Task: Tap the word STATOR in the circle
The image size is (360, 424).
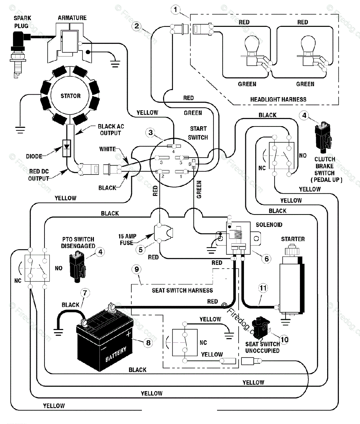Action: [x=71, y=96]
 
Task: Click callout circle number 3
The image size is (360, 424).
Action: [x=151, y=133]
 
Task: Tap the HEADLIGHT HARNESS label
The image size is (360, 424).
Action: [x=278, y=99]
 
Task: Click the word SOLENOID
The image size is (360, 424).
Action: [x=269, y=225]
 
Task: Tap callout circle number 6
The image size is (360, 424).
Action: [x=266, y=259]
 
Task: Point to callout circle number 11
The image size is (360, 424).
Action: [x=263, y=288]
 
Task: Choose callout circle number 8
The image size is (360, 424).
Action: [x=148, y=342]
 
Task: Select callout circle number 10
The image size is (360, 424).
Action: [x=284, y=340]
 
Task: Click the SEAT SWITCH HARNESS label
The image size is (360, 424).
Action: [x=182, y=290]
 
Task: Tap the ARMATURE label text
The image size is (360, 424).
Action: [x=72, y=18]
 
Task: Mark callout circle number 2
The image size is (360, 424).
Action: [x=137, y=26]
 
